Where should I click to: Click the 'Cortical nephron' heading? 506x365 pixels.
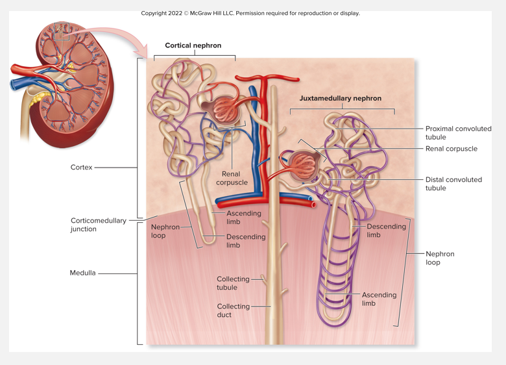click(x=193, y=45)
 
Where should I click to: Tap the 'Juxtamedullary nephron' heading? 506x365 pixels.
click(x=340, y=98)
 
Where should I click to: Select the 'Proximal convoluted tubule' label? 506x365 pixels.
click(x=458, y=132)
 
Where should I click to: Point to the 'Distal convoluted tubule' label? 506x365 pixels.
click(x=453, y=184)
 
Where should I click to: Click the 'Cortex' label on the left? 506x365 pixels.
click(x=81, y=168)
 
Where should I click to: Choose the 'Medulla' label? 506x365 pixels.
click(x=82, y=273)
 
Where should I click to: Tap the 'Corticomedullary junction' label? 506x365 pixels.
click(x=98, y=225)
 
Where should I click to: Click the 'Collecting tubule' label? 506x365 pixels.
click(x=232, y=283)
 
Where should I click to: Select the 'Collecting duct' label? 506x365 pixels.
click(x=233, y=310)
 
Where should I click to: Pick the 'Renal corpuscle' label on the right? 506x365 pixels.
click(x=451, y=149)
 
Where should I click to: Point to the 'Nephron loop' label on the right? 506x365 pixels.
click(x=439, y=258)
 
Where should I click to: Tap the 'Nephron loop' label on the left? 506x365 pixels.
click(x=165, y=231)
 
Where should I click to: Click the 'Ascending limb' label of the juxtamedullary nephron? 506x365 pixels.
click(x=379, y=299)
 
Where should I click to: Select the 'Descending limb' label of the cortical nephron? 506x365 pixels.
click(x=246, y=241)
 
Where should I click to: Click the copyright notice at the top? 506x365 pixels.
click(x=250, y=13)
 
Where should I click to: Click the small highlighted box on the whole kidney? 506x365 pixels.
click(x=61, y=31)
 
